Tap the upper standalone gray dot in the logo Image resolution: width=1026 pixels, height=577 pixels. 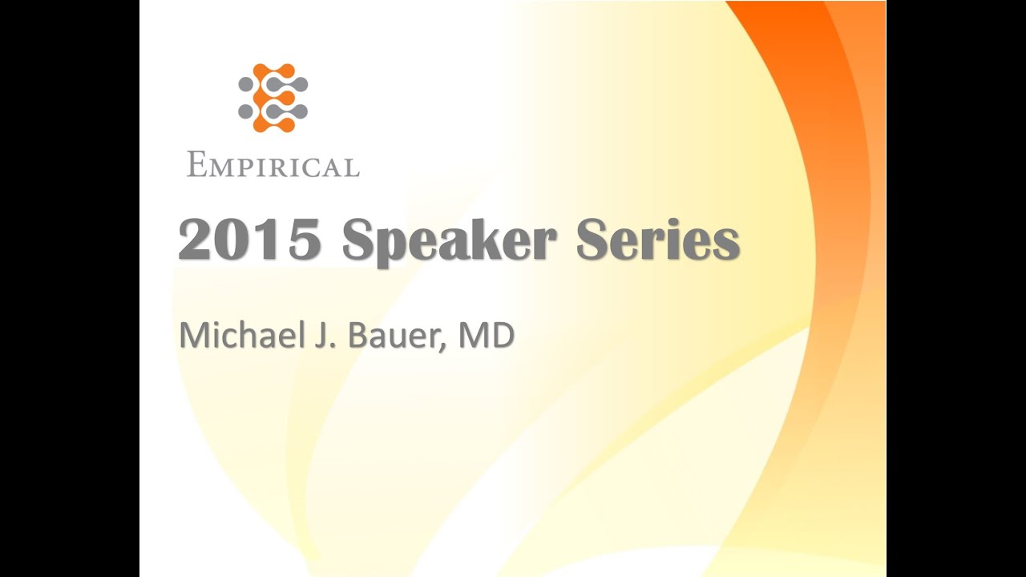tap(245, 83)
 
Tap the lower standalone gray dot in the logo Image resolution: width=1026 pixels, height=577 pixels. tap(245, 111)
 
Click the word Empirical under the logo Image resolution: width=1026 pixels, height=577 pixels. tap(273, 166)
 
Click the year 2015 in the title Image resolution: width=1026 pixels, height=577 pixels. tap(249, 240)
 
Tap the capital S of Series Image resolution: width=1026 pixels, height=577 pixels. tap(593, 240)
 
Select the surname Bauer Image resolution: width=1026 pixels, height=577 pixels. tap(397, 337)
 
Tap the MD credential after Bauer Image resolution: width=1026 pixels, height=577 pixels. tap(486, 336)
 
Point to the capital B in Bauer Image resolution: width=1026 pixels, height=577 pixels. tap(358, 336)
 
